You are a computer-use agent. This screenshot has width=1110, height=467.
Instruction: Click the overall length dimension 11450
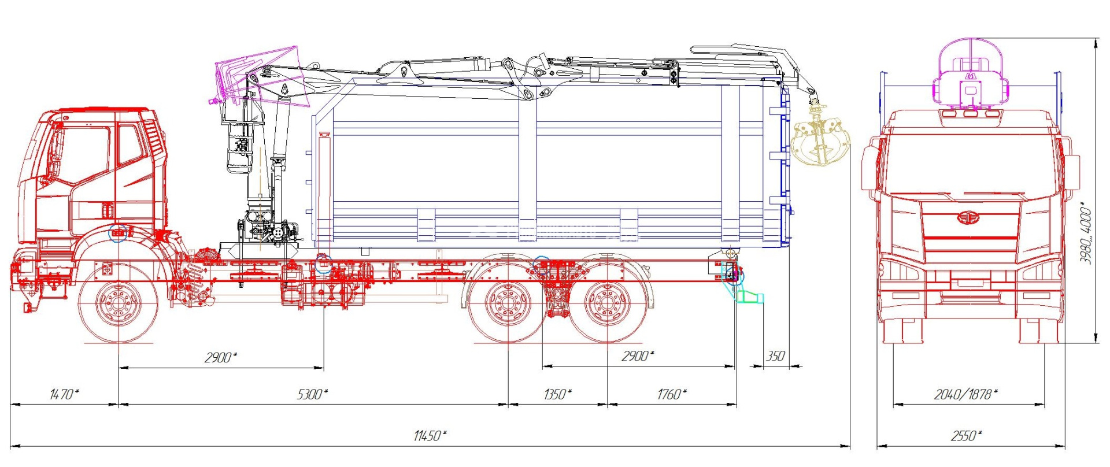tap(430, 436)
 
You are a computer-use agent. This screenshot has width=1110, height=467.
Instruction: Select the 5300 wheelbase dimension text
tap(312, 395)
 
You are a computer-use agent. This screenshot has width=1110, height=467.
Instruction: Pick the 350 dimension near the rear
tap(775, 356)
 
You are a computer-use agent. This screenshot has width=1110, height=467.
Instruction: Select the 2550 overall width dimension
tap(966, 436)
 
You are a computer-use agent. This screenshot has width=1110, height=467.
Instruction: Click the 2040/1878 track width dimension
tap(965, 395)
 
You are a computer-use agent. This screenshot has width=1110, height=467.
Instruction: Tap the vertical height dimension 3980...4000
tap(1086, 234)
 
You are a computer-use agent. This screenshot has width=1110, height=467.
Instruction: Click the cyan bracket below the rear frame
tap(750, 297)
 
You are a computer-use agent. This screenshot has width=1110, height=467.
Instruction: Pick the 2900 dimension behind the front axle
tap(220, 358)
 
